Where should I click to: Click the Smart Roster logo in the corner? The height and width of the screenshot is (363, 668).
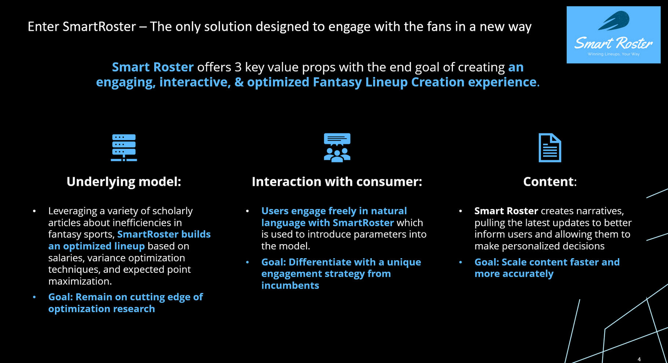pyautogui.click(x=613, y=35)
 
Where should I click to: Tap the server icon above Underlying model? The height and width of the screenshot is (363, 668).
pyautogui.click(x=124, y=147)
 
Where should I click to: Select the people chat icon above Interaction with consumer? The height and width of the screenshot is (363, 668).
pyautogui.click(x=337, y=147)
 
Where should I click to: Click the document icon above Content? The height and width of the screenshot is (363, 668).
pyautogui.click(x=550, y=148)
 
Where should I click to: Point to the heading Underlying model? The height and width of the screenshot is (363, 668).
pyautogui.click(x=124, y=182)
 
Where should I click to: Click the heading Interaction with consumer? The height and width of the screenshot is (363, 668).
pyautogui.click(x=337, y=182)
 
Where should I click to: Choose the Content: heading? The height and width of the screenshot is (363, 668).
pyautogui.click(x=550, y=182)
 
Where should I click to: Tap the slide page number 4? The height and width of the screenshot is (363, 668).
pyautogui.click(x=639, y=359)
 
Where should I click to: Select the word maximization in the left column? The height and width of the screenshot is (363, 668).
pyautogui.click(x=80, y=281)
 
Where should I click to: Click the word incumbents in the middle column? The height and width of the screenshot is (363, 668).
pyautogui.click(x=290, y=286)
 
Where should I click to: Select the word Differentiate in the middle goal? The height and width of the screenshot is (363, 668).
pyautogui.click(x=319, y=262)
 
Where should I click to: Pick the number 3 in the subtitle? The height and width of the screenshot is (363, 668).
pyautogui.click(x=238, y=67)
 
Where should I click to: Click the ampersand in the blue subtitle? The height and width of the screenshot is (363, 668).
pyautogui.click(x=239, y=82)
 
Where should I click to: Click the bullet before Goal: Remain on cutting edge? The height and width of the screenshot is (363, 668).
pyautogui.click(x=34, y=297)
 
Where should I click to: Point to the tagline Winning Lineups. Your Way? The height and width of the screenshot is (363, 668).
pyautogui.click(x=614, y=54)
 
